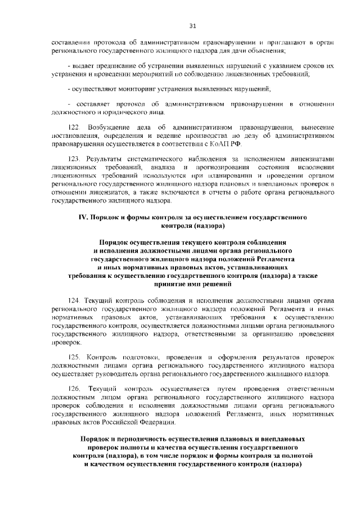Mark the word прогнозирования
pos(218,168)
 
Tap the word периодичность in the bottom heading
pos(130,438)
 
